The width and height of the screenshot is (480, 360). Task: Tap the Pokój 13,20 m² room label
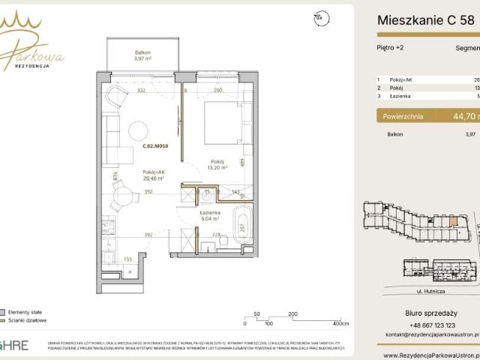click(x=218, y=165)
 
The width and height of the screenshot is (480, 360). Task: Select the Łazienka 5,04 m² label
click(x=208, y=217)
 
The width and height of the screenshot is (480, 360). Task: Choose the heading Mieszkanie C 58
click(x=425, y=20)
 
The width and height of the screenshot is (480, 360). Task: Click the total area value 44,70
click(x=452, y=116)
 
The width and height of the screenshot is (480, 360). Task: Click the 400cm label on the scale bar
click(x=341, y=324)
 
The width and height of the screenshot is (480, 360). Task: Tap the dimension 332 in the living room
click(x=140, y=91)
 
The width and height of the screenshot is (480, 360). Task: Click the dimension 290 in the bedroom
click(x=217, y=91)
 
